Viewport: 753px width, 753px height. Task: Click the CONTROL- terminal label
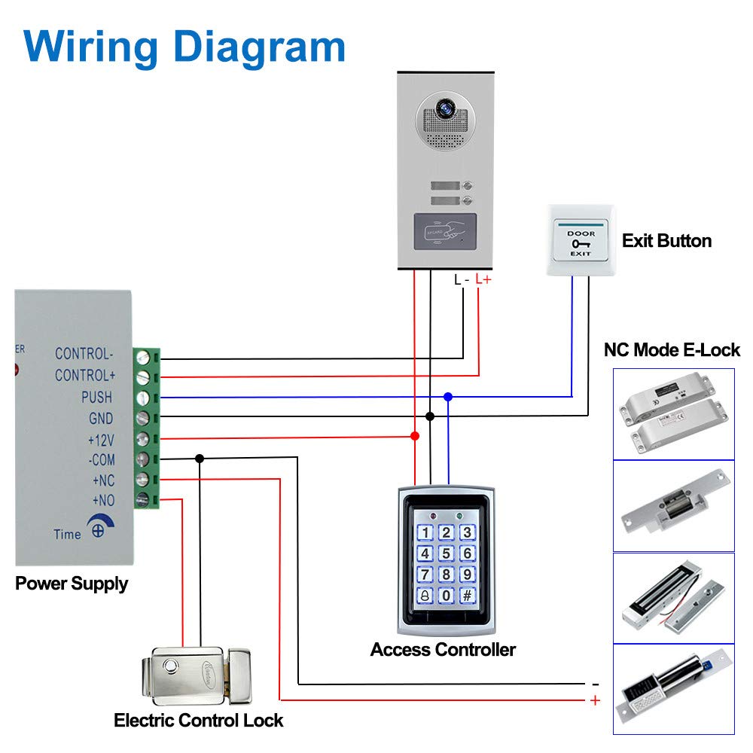[84, 354]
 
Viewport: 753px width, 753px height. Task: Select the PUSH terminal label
[96, 397]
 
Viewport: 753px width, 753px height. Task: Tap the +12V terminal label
[100, 439]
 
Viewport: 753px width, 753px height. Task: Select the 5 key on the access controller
[447, 553]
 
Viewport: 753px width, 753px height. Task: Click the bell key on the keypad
[425, 595]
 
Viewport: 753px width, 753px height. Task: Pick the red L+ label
[483, 280]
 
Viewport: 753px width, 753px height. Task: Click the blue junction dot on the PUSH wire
[448, 396]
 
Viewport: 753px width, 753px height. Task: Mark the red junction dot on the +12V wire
[414, 436]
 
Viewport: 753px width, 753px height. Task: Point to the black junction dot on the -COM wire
[200, 458]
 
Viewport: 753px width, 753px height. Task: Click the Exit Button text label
[666, 241]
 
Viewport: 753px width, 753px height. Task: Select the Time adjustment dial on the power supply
[97, 527]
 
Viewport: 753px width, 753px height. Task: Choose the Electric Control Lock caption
[199, 721]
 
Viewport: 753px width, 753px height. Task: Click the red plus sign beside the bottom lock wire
[595, 700]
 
